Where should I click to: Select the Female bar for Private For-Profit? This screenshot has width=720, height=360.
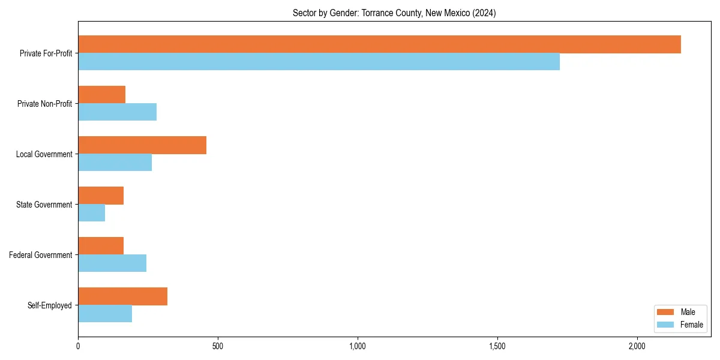[319, 62]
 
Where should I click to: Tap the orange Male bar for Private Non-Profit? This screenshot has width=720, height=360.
[101, 95]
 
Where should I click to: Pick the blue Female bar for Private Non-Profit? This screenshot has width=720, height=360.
[117, 112]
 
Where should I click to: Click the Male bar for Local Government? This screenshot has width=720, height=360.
[142, 145]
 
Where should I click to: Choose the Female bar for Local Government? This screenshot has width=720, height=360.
[115, 163]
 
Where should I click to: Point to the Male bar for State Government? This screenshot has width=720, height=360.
[101, 196]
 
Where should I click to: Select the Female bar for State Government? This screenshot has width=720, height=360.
[91, 213]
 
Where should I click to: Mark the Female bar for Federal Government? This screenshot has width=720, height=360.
[112, 263]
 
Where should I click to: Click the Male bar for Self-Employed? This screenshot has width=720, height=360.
[122, 296]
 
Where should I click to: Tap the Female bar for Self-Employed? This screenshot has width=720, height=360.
[105, 314]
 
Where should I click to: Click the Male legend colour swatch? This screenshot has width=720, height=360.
[666, 312]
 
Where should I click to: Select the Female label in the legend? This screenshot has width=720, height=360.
[691, 325]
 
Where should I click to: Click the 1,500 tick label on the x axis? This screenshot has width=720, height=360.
[497, 346]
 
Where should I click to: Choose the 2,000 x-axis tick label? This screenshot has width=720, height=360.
[637, 346]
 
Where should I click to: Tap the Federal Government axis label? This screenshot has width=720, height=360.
[41, 255]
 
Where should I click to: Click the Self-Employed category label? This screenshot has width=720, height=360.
[50, 305]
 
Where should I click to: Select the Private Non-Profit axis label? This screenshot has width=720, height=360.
[44, 104]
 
